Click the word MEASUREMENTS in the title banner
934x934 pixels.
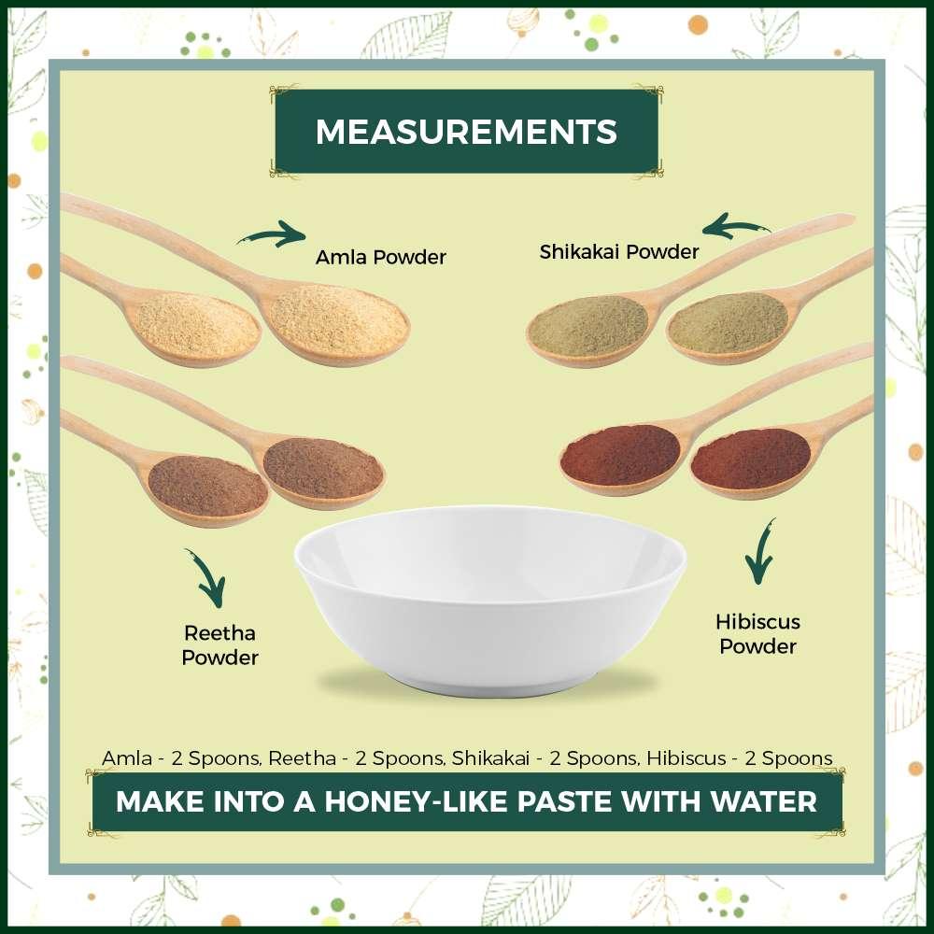pyautogui.click(x=466, y=132)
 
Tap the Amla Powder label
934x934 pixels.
pyautogui.click(x=380, y=257)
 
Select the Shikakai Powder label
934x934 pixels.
pyautogui.click(x=618, y=251)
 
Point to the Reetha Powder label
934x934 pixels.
pyautogui.click(x=219, y=645)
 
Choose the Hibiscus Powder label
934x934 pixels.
pyautogui.click(x=757, y=633)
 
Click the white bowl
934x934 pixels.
pyautogui.click(x=490, y=598)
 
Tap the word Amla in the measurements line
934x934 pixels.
pyautogui.click(x=127, y=758)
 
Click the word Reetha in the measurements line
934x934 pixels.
pyautogui.click(x=302, y=758)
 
